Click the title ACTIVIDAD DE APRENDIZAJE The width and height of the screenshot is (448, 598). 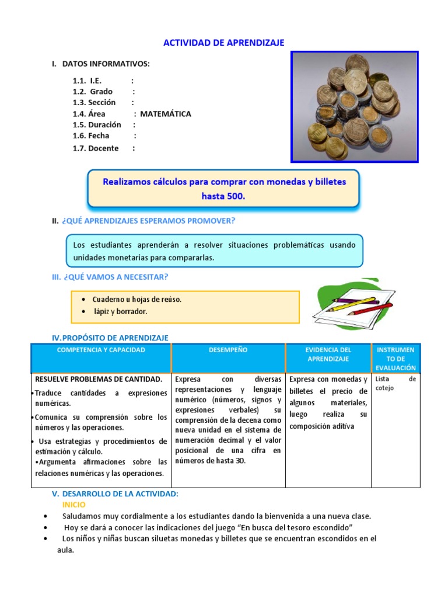[223, 43]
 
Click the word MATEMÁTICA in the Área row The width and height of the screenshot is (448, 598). [165, 114]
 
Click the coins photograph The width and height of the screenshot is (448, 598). [355, 106]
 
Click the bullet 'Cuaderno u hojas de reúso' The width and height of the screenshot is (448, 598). [136, 300]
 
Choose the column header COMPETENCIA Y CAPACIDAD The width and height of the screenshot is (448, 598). [101, 350]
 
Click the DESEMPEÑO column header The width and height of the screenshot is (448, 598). [228, 350]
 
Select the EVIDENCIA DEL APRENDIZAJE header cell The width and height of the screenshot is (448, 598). [328, 354]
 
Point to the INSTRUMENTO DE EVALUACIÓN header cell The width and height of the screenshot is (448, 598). [395, 359]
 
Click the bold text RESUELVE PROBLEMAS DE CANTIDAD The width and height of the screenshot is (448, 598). [99, 379]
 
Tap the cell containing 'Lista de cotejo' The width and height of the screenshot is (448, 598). [395, 384]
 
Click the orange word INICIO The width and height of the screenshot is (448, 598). [73, 505]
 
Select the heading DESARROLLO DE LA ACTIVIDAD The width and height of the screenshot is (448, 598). [120, 494]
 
